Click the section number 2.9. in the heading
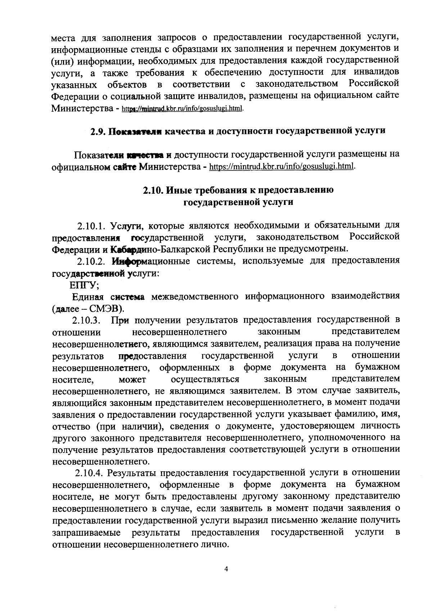click(x=97, y=131)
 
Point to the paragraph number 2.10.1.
click(x=90, y=226)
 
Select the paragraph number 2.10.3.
click(x=87, y=320)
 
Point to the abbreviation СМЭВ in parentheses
click(x=106, y=309)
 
